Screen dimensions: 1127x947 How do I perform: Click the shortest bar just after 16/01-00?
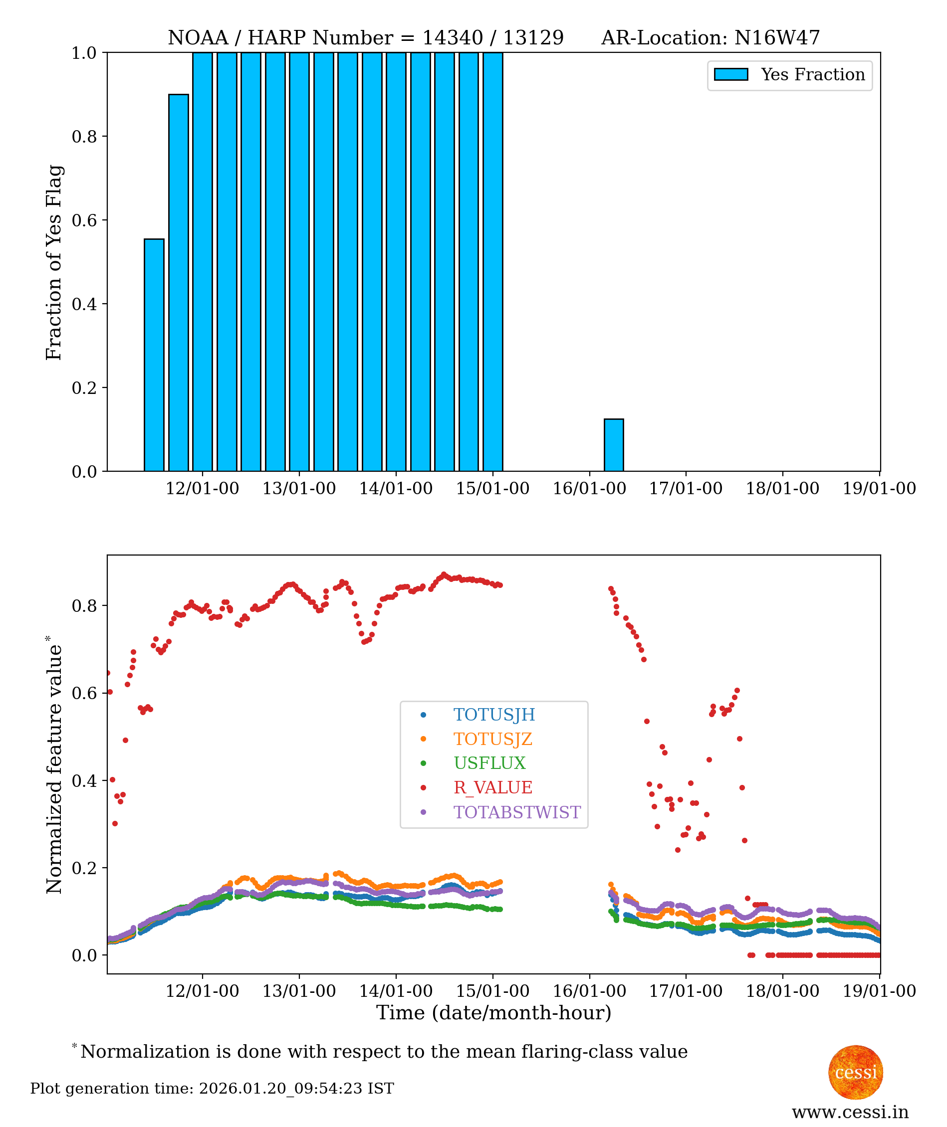(614, 445)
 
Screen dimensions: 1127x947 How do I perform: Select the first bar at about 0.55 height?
(154, 355)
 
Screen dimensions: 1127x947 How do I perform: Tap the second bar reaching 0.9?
(178, 283)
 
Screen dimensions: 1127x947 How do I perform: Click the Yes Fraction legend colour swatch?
(730, 75)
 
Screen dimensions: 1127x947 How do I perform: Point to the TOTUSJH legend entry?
(494, 715)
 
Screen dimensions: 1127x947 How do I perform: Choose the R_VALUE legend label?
(493, 787)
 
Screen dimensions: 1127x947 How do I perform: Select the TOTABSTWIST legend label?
(517, 812)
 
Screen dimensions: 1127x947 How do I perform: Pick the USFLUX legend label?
(489, 763)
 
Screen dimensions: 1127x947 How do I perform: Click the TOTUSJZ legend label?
(493, 739)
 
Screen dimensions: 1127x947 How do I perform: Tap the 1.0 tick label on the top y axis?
(84, 53)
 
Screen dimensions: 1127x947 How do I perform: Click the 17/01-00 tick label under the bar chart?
(686, 488)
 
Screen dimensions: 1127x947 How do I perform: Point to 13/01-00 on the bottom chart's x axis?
(299, 991)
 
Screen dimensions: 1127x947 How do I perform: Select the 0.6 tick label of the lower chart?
(84, 693)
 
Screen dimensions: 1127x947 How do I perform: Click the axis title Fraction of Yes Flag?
(54, 262)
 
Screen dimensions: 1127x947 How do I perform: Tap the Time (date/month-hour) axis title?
(493, 1013)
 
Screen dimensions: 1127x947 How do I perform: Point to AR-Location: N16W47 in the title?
(710, 37)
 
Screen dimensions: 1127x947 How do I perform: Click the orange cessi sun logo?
(856, 1072)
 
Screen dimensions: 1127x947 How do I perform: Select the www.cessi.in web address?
(850, 1113)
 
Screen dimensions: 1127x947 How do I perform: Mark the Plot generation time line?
(212, 1089)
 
